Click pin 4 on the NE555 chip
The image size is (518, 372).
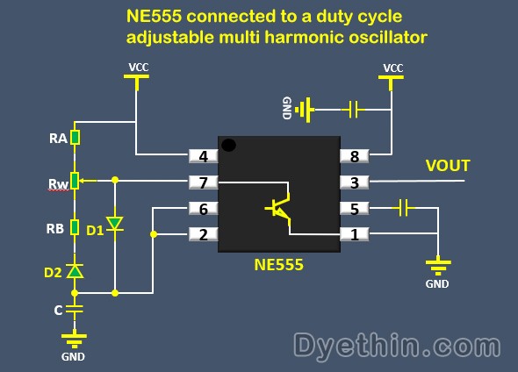(203, 156)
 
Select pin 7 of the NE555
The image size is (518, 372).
(203, 182)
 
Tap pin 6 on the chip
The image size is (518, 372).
(203, 208)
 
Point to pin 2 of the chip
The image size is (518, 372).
(203, 234)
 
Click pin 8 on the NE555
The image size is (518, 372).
(355, 156)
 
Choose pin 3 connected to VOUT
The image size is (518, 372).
(355, 182)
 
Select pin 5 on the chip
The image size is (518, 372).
(355, 208)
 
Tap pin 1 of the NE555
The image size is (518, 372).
(355, 234)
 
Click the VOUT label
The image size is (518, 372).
(448, 166)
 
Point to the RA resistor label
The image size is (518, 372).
(57, 138)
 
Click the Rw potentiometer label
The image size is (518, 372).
(57, 184)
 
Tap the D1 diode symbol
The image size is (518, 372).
(115, 224)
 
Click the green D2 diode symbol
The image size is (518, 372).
(76, 271)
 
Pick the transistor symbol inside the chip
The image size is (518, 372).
(278, 209)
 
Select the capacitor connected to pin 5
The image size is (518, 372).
(403, 208)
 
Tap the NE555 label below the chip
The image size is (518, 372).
(278, 262)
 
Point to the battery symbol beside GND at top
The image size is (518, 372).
(306, 110)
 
